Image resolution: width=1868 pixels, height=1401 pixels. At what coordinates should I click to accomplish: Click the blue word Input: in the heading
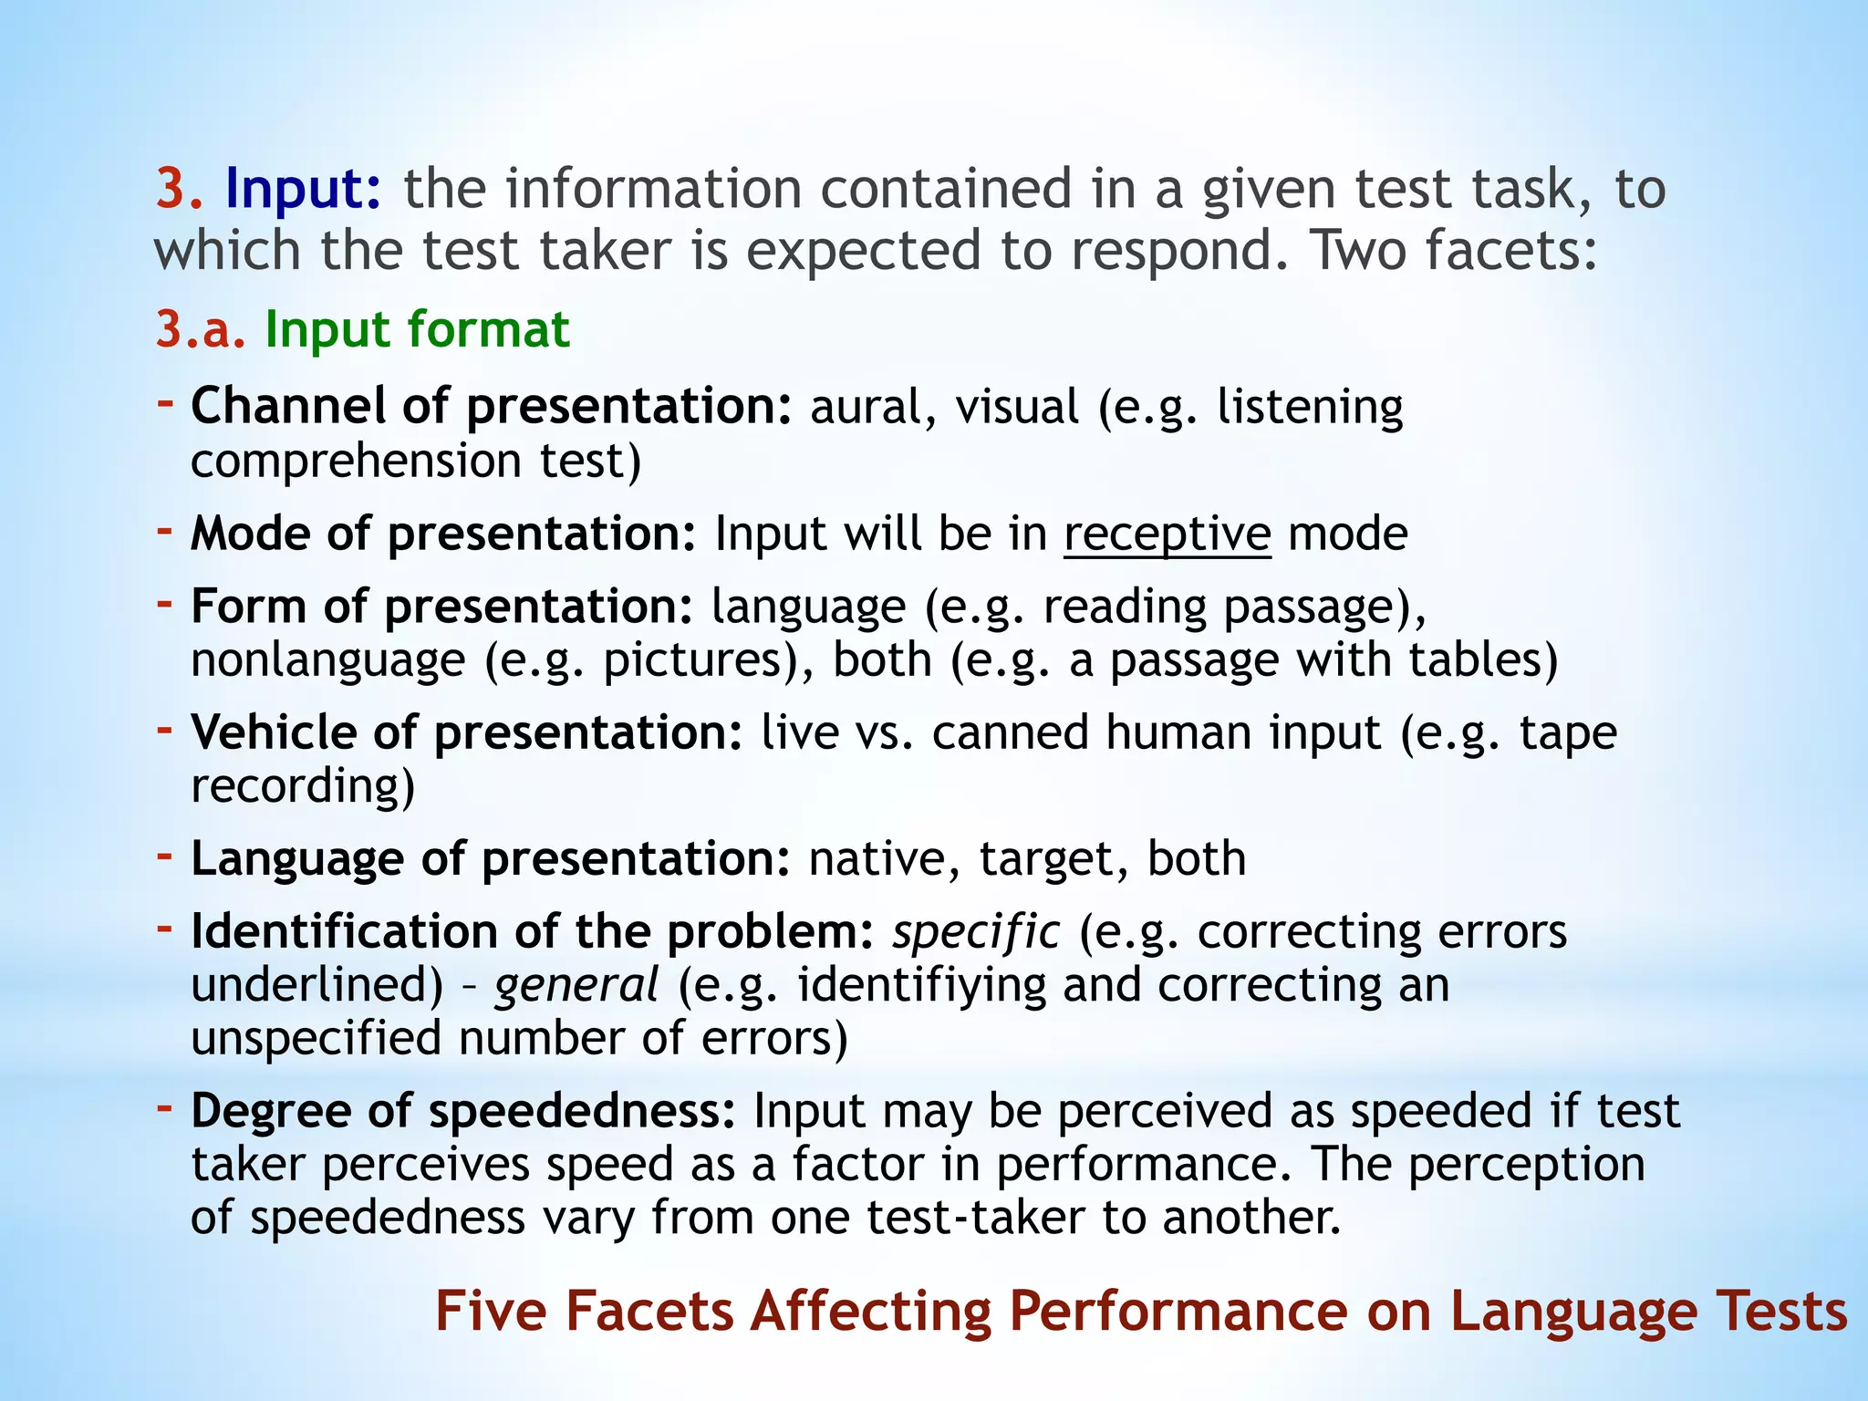coord(303,190)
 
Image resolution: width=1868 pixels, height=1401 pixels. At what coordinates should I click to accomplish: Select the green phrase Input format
coord(417,329)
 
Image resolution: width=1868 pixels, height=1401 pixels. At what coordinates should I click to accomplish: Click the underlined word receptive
coord(1167,534)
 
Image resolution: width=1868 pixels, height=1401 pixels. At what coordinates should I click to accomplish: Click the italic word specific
coord(976,932)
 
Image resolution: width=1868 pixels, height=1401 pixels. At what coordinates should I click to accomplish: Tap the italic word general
coord(576,985)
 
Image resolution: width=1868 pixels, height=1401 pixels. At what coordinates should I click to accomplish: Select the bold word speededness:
coord(582,1111)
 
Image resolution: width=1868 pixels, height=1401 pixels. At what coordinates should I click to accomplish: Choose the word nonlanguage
coord(328,660)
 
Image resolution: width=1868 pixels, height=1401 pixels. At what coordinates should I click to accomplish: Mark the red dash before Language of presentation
coord(165,855)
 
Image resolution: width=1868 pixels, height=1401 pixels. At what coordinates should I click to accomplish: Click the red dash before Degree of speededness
coord(165,1107)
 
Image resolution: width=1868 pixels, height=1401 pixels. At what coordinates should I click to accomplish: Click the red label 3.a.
coord(201,329)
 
